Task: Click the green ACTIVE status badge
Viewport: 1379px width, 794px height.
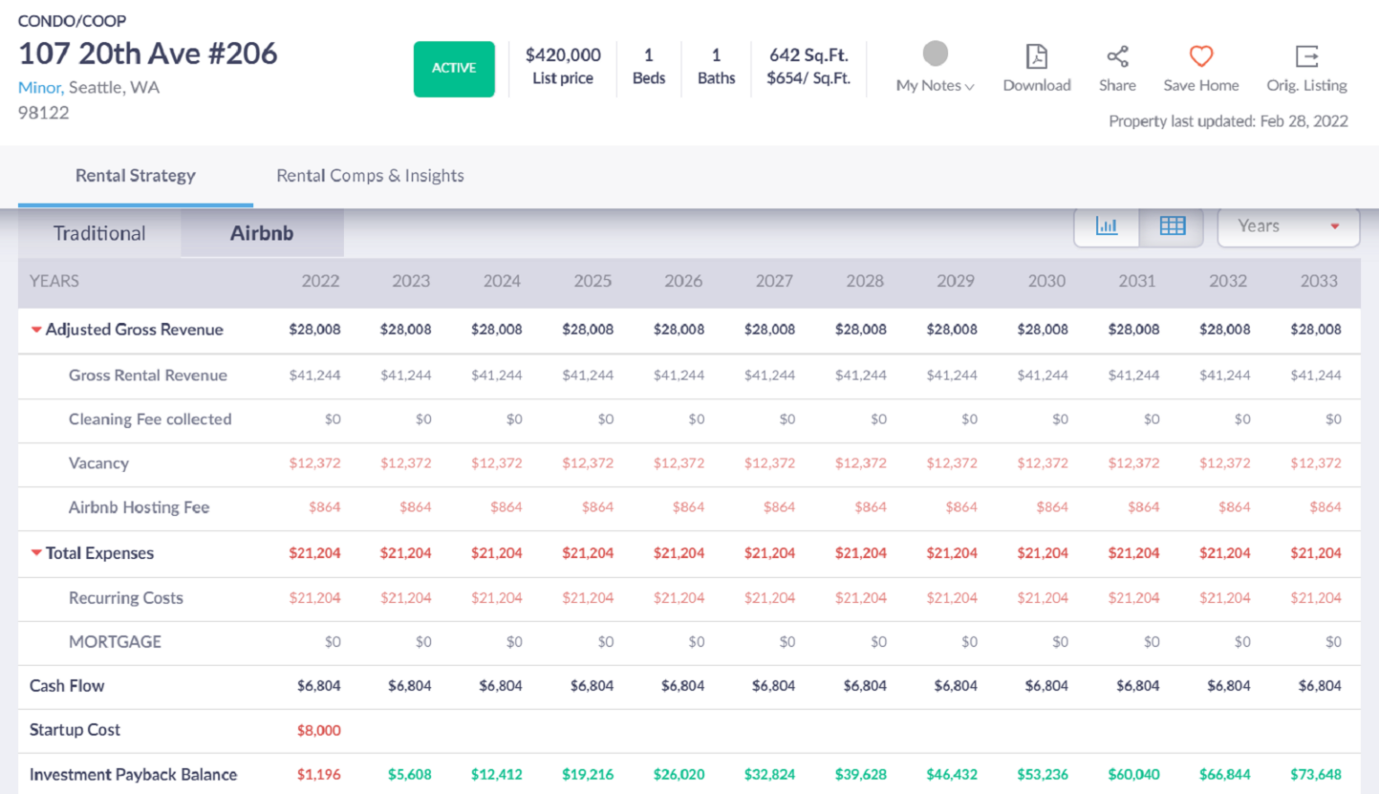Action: pyautogui.click(x=453, y=68)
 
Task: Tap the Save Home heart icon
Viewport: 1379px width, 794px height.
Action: pyautogui.click(x=1200, y=57)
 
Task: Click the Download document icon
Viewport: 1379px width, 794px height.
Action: pyautogui.click(x=1036, y=57)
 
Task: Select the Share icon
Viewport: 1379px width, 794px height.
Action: pyautogui.click(x=1117, y=57)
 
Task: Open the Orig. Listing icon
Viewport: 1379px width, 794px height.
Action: pyautogui.click(x=1306, y=57)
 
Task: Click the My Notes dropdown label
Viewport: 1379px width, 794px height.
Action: pyautogui.click(x=934, y=85)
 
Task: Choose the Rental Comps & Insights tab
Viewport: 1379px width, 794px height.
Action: pyautogui.click(x=370, y=176)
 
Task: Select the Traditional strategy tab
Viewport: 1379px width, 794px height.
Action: pyautogui.click(x=99, y=233)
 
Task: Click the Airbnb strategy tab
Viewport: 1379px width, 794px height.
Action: pyautogui.click(x=261, y=233)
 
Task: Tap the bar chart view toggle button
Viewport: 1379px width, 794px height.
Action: pyautogui.click(x=1106, y=226)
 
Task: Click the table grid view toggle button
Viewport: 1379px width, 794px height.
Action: pyautogui.click(x=1172, y=226)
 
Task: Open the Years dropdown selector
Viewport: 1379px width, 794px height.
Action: pyautogui.click(x=1287, y=226)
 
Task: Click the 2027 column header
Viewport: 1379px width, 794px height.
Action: pyautogui.click(x=773, y=281)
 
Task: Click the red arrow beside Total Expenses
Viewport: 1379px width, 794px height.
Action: pyautogui.click(x=36, y=553)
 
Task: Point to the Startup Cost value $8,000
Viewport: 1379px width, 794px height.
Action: pyautogui.click(x=319, y=730)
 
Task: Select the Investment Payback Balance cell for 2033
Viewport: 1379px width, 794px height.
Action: pyautogui.click(x=1315, y=774)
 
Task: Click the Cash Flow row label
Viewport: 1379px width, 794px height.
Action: pyautogui.click(x=66, y=685)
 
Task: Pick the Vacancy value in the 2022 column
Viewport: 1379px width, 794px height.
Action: pyautogui.click(x=314, y=463)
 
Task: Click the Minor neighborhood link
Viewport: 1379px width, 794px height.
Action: pyautogui.click(x=40, y=87)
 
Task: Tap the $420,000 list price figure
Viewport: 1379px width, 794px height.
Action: pyautogui.click(x=563, y=55)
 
